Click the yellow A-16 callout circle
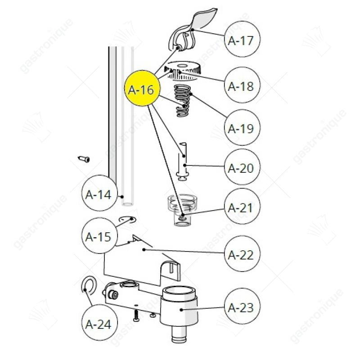[142, 88]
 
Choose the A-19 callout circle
[242, 127]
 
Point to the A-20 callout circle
[242, 167]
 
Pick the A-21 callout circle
[242, 207]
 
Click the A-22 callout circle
[242, 254]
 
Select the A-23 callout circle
[242, 306]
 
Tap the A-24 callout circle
[99, 323]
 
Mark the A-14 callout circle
[99, 193]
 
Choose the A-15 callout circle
[99, 235]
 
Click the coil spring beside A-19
[183, 100]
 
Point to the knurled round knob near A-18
[183, 71]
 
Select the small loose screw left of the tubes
[84, 159]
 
